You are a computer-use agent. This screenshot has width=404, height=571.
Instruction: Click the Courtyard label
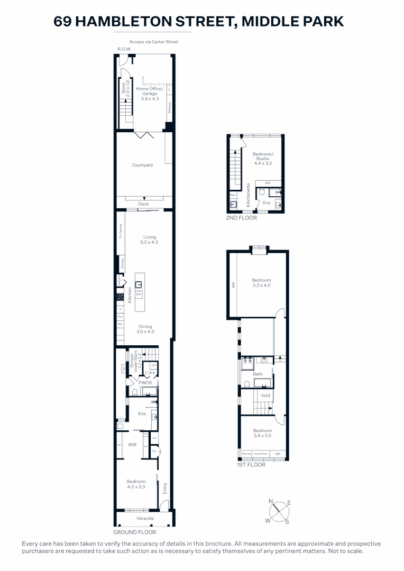(x=142, y=165)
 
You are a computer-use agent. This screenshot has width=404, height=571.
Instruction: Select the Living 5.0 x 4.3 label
(x=149, y=240)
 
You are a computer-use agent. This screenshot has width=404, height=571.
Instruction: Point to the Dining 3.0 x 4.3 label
(x=145, y=329)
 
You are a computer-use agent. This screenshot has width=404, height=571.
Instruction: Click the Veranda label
(x=145, y=518)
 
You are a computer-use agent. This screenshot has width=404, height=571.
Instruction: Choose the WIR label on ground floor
(x=132, y=445)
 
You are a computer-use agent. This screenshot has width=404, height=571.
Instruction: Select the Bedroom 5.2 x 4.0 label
(x=261, y=282)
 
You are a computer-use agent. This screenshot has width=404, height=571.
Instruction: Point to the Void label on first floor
(x=265, y=395)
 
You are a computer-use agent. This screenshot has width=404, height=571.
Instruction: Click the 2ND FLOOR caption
(x=242, y=218)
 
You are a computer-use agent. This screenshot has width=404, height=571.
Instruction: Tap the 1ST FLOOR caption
(x=251, y=465)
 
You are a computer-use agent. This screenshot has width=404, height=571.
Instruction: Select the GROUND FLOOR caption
(x=134, y=532)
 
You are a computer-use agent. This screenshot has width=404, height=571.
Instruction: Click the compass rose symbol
(x=279, y=512)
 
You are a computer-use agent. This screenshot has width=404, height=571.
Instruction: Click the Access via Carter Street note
(x=153, y=42)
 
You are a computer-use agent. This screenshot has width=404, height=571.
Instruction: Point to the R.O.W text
(x=124, y=49)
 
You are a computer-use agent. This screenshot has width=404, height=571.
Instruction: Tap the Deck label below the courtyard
(x=143, y=204)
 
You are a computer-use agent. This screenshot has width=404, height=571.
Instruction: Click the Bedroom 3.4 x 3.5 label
(x=262, y=433)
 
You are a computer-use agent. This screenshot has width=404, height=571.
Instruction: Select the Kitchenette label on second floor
(x=248, y=194)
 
